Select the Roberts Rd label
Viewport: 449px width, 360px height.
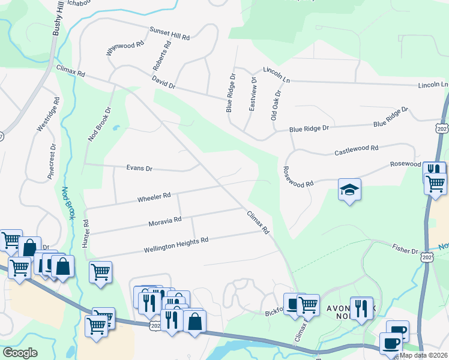tap(161, 58)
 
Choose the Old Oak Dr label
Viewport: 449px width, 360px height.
tap(276, 106)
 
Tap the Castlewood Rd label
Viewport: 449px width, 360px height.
tap(356, 150)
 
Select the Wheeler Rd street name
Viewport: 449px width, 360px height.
tap(154, 196)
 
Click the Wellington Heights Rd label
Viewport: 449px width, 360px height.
tap(176, 242)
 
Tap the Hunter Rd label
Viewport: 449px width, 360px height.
tap(86, 230)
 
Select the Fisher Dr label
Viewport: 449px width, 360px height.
tap(406, 250)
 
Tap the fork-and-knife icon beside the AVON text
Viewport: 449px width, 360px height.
tap(361, 308)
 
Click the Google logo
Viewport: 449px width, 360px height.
tap(20, 353)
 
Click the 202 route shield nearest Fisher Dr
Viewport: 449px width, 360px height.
tap(427, 257)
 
